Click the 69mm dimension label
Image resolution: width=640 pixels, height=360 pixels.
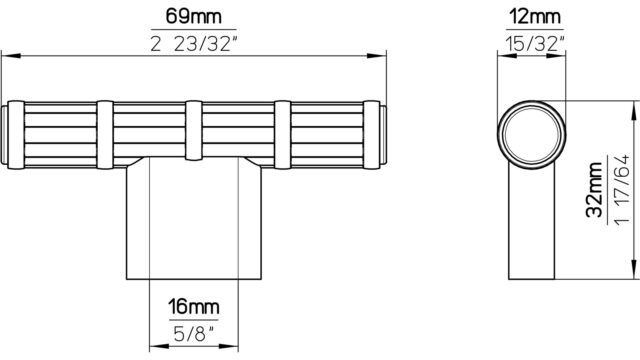193,17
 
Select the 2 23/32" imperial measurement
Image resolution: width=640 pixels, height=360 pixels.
193,44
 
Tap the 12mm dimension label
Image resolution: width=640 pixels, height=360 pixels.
535,17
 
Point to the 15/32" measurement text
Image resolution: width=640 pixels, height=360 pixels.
535,43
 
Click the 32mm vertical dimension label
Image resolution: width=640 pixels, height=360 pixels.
594,189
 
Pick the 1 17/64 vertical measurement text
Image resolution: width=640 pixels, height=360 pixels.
621,190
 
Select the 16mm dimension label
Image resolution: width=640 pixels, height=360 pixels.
193,307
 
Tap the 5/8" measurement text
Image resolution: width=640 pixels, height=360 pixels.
193,334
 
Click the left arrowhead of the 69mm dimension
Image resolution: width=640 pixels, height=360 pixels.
11,56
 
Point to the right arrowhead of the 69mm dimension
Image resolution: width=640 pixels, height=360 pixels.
376,56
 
